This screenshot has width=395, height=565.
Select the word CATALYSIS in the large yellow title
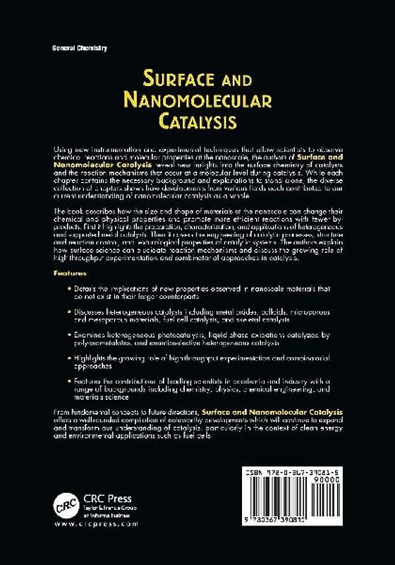[x=196, y=121]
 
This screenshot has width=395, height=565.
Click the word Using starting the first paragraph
[x=62, y=151]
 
